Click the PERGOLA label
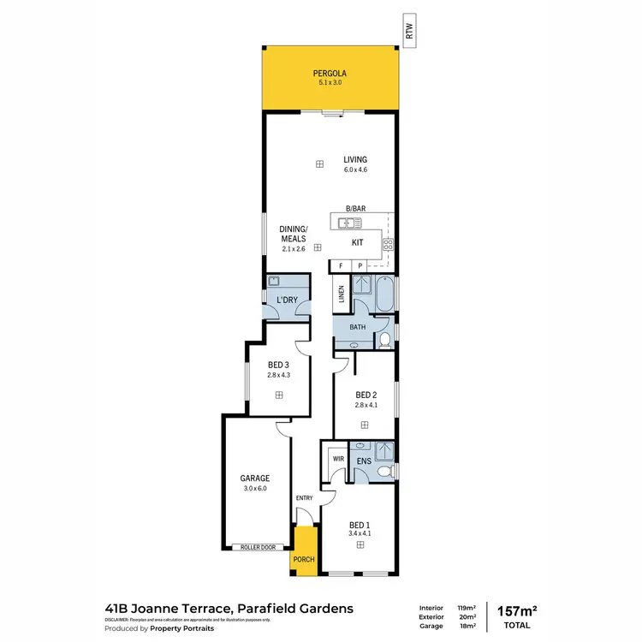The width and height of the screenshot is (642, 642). pyautogui.click(x=329, y=74)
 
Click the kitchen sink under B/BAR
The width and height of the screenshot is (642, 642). pyautogui.click(x=348, y=223)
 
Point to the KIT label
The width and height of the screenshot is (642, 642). pyautogui.click(x=358, y=243)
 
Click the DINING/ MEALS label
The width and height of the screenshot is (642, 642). pyautogui.click(x=294, y=234)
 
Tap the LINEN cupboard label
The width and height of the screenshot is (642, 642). pyautogui.click(x=342, y=294)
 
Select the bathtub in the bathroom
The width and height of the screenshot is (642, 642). pyautogui.click(x=386, y=294)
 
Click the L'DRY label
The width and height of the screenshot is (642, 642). pyautogui.click(x=286, y=300)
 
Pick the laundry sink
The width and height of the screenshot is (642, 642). pyautogui.click(x=275, y=282)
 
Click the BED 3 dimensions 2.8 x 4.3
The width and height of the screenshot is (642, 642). pyautogui.click(x=279, y=375)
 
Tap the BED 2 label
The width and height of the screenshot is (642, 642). pyautogui.click(x=365, y=395)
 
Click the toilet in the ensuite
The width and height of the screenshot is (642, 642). pyautogui.click(x=387, y=471)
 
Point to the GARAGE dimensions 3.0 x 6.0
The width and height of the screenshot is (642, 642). pyautogui.click(x=254, y=489)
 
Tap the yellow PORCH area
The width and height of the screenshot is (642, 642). pyautogui.click(x=304, y=549)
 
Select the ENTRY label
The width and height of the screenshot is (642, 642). pyautogui.click(x=304, y=498)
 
